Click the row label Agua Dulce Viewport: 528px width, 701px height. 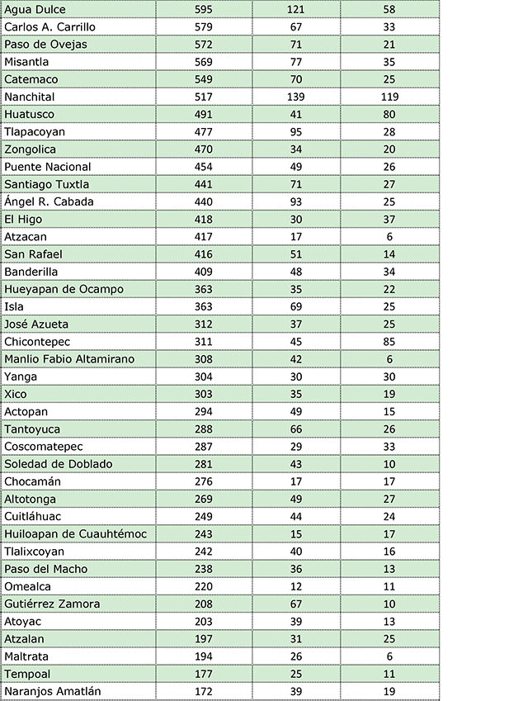35,9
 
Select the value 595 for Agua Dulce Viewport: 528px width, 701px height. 203,9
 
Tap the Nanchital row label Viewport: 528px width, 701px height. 30,97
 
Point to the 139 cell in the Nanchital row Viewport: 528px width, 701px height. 295,97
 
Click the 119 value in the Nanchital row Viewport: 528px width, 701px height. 389,97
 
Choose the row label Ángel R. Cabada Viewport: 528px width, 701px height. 49,201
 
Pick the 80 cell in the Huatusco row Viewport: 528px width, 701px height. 389,114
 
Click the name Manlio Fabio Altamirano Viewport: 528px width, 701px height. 69,359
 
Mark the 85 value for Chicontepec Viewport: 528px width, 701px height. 389,342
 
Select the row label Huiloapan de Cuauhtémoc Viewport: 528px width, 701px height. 75,534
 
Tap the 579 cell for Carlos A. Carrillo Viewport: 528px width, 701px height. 203,26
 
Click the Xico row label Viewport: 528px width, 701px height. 16,394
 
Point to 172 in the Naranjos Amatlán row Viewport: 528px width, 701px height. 203,691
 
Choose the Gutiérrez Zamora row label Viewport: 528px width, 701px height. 52,604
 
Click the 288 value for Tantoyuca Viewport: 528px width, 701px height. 203,429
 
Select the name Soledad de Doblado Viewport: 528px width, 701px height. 58,464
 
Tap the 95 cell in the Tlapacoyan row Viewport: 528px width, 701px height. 295,131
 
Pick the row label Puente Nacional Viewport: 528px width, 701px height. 48,167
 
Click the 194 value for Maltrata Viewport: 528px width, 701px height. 203,656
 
